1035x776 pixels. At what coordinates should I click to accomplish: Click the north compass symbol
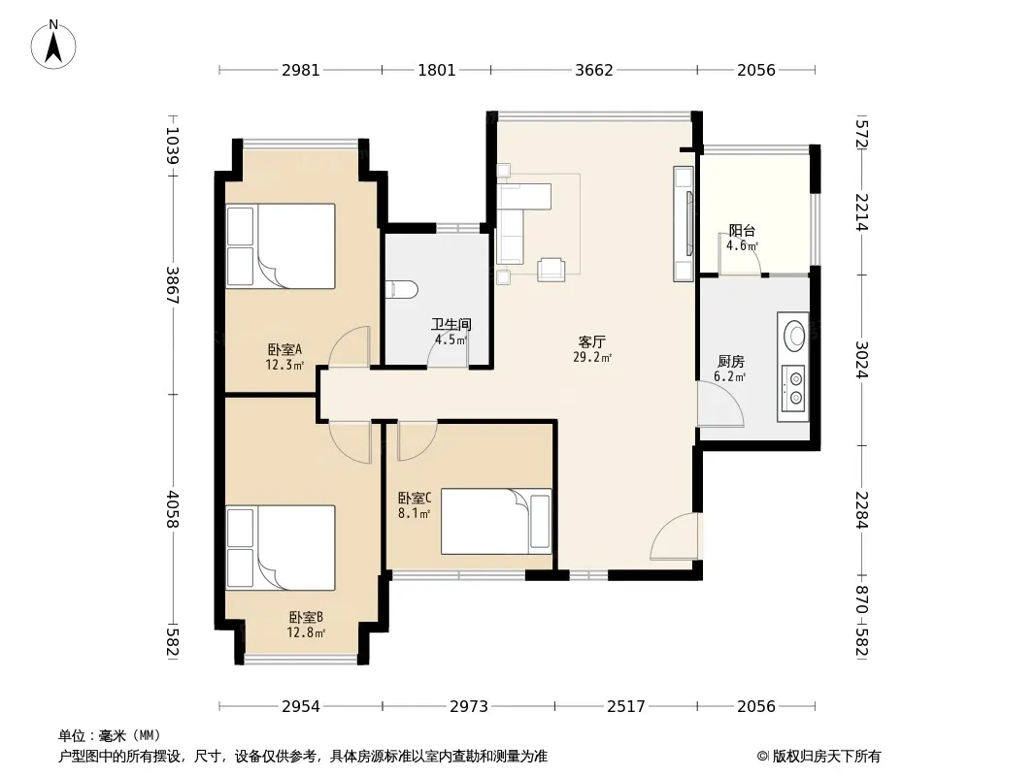point(53,45)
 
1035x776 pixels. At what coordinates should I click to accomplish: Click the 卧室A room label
point(284,349)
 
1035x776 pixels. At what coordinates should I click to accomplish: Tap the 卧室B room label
point(306,618)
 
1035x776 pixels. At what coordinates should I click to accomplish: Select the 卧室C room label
point(415,498)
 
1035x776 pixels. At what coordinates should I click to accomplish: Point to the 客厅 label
point(591,342)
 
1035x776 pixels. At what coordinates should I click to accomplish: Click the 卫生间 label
point(451,324)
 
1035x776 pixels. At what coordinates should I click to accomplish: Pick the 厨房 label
point(731,361)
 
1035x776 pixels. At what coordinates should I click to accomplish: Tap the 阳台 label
point(742,231)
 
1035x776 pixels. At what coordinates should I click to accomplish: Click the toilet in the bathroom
point(402,289)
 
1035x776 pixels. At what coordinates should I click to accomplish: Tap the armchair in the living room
point(551,269)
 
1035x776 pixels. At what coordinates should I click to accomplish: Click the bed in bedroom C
point(496,521)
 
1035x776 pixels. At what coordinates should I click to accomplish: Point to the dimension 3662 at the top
point(594,70)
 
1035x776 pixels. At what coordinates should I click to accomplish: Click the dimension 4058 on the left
point(173,508)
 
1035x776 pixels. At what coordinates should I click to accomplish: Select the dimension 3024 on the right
point(861,359)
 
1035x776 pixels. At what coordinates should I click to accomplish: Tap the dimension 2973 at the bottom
point(469,707)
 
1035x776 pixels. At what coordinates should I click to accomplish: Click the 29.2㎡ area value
point(592,357)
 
